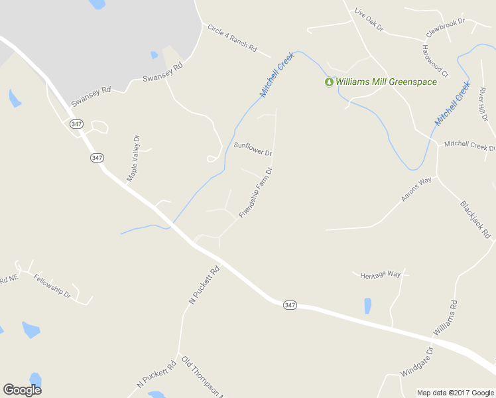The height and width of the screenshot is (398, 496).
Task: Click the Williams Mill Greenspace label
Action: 386,82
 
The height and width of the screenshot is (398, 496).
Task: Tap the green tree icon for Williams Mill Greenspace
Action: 328,82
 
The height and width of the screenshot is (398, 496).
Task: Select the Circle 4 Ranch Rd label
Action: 231,38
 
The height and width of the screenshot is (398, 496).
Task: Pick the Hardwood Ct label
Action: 435,60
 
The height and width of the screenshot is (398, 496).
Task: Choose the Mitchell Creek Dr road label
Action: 469,144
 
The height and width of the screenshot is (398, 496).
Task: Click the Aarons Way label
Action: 416,189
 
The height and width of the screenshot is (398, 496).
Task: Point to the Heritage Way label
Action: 381,275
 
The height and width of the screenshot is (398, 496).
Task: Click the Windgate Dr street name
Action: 416,362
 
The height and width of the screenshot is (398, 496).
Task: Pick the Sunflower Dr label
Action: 253,149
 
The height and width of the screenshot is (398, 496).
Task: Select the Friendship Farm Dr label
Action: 256,193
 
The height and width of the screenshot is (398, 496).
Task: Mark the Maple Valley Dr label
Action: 133,158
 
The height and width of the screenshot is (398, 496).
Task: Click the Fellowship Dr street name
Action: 52,285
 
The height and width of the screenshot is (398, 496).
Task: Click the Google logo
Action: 22,390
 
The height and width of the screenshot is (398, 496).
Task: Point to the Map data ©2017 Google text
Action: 455,393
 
